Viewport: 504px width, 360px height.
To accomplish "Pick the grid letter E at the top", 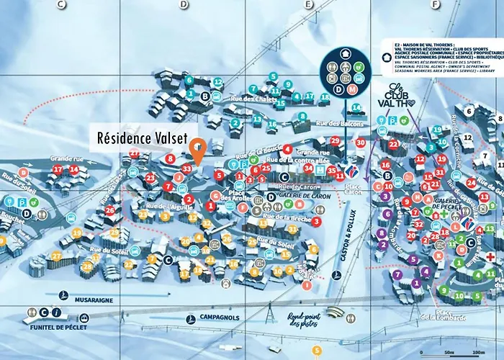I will [309, 4].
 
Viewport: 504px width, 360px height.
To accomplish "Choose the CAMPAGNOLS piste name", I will [220, 318].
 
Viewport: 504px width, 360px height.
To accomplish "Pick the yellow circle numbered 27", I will [56, 256].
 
